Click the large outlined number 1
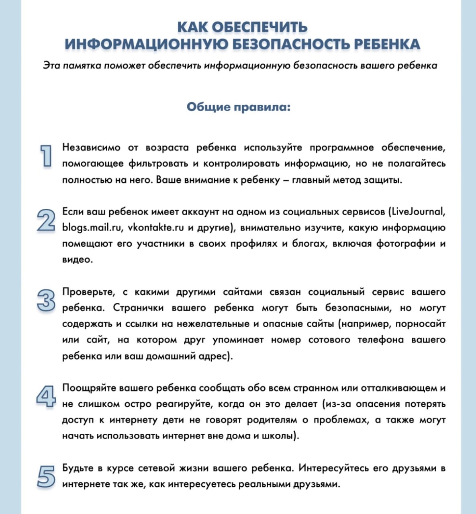point(46,155)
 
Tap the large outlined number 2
point(45,220)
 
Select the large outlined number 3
point(45,300)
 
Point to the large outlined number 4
point(45,396)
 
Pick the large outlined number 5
point(46,477)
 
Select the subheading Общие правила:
point(238,107)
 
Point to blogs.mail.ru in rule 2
point(92,228)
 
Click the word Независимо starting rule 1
point(91,147)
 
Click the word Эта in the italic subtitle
point(51,65)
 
